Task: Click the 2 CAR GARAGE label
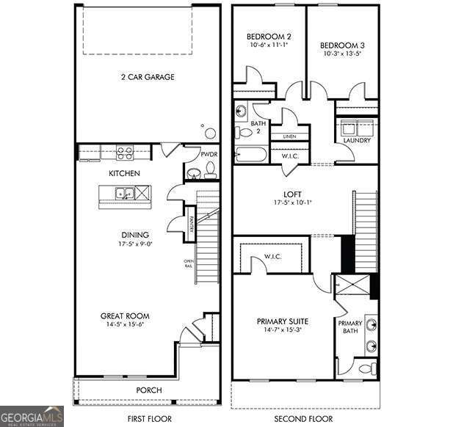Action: point(148,76)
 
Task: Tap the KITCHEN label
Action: point(125,174)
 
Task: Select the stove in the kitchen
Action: point(125,153)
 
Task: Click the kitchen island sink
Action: point(124,194)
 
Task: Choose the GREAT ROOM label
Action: point(126,316)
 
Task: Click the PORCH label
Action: point(149,390)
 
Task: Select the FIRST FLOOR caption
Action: point(148,418)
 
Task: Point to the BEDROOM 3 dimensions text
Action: point(342,54)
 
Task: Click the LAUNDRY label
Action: point(357,140)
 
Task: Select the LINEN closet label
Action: point(289,136)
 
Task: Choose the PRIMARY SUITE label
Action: point(283,321)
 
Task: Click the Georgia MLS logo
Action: point(32,416)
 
